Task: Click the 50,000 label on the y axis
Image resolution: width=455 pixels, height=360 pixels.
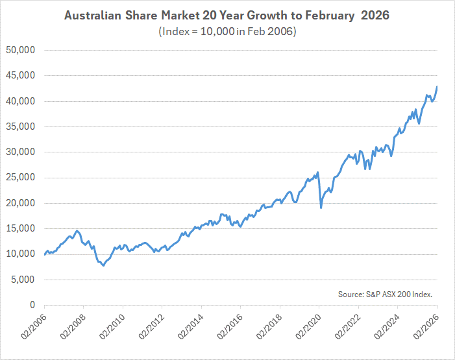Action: click(x=21, y=50)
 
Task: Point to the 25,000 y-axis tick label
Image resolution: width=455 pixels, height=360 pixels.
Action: click(x=21, y=178)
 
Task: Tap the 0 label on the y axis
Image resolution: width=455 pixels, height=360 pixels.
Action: click(x=31, y=305)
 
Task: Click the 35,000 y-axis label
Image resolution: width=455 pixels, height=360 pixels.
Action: click(x=21, y=126)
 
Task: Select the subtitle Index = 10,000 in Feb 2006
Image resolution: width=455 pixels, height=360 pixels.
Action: click(x=227, y=32)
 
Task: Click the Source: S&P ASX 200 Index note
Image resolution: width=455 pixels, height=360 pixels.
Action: click(x=385, y=294)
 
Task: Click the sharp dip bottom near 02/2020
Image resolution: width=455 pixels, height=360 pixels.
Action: click(x=321, y=208)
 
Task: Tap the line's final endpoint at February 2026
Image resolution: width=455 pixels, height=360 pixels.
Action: click(x=437, y=86)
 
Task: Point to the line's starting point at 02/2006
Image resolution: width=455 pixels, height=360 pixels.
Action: click(x=44, y=254)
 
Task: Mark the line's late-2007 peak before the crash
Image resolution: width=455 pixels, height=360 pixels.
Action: click(x=77, y=230)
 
